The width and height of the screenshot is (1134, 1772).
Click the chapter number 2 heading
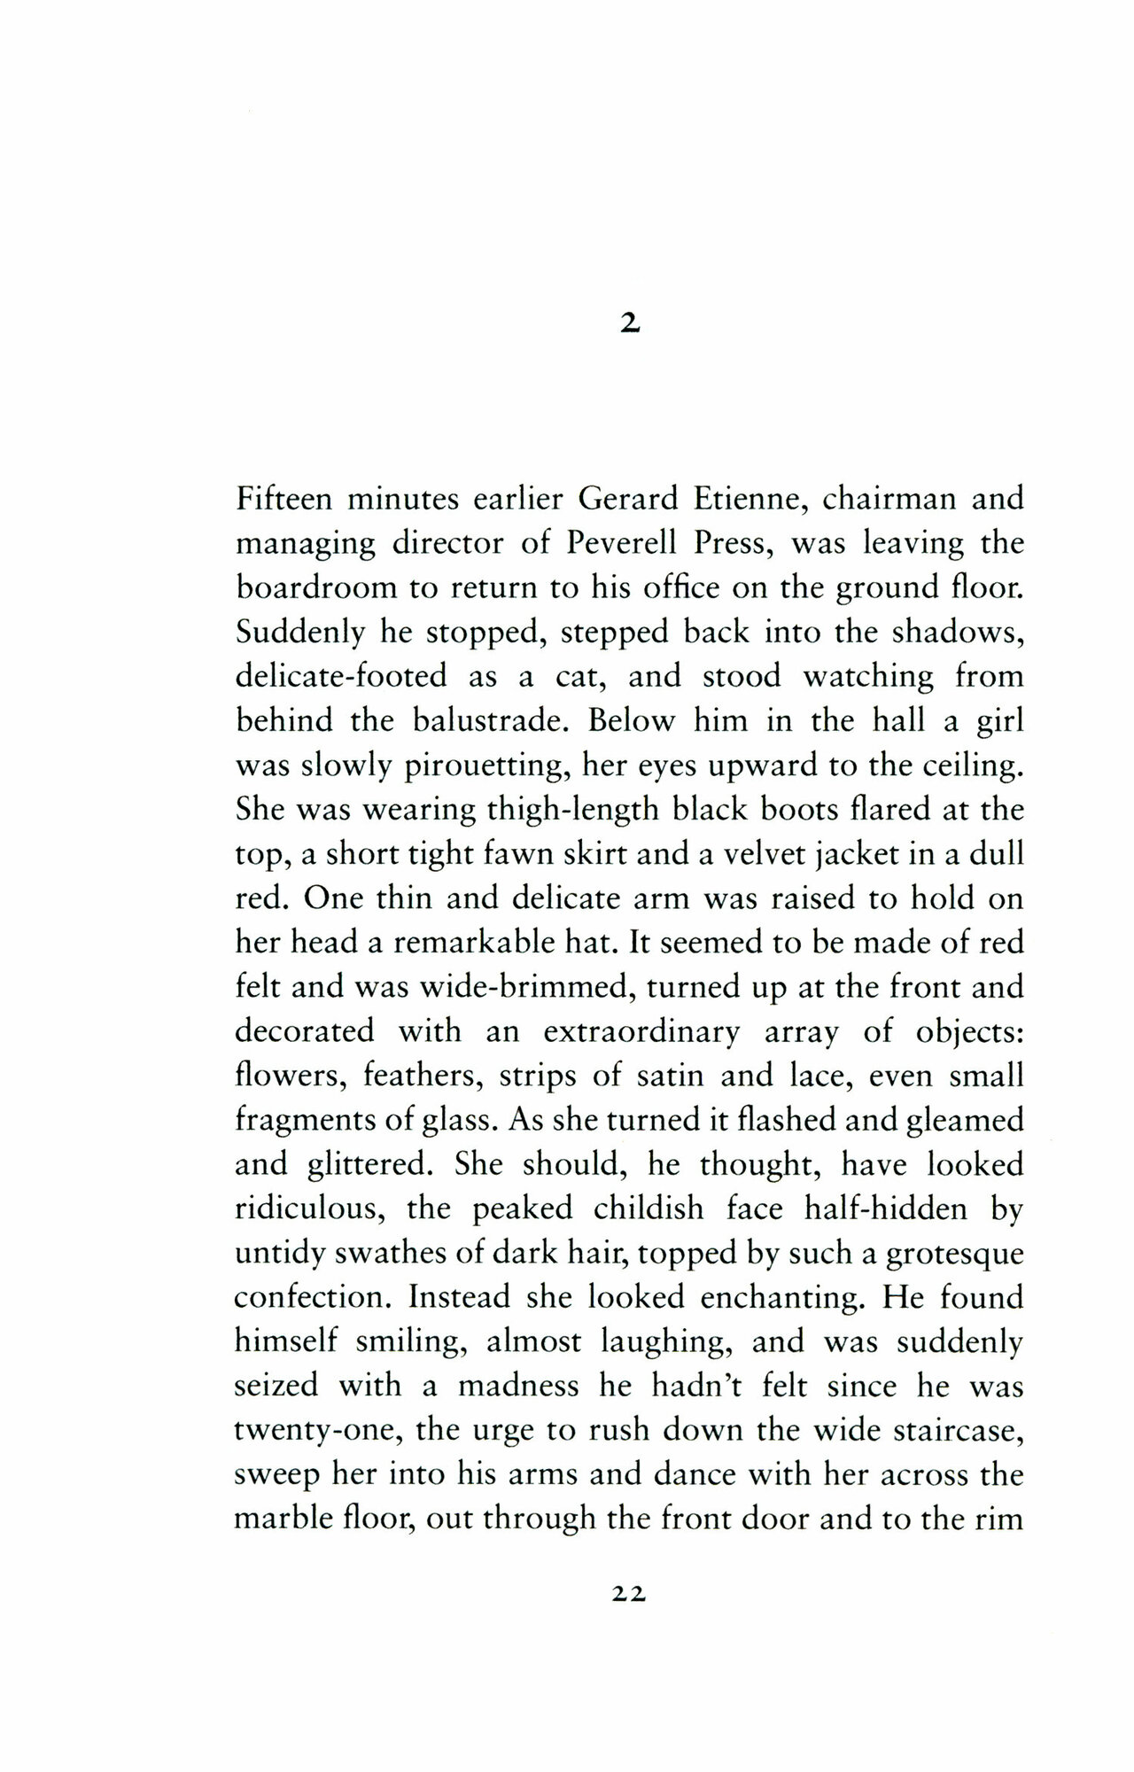(x=629, y=325)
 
